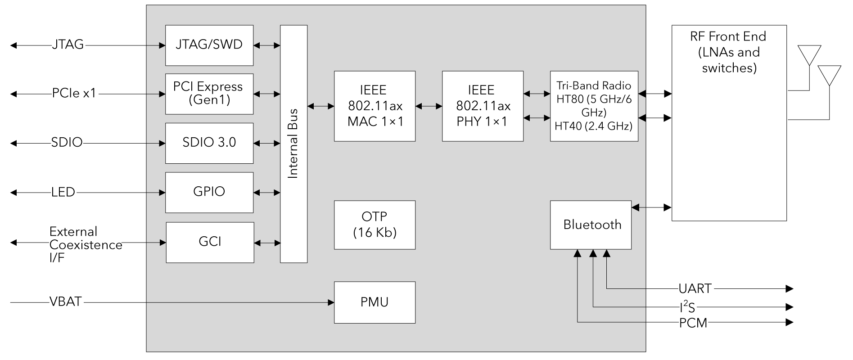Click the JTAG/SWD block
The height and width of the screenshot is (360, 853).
[x=209, y=45]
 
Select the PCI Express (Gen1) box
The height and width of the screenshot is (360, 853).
[x=209, y=94]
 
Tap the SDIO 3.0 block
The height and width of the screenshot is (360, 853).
[x=209, y=143]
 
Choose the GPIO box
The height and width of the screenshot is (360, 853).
[x=209, y=192]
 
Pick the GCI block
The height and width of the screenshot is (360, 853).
[x=210, y=242]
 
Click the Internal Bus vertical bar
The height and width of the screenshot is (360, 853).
[x=293, y=144]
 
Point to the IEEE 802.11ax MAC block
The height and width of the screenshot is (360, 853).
[x=375, y=106]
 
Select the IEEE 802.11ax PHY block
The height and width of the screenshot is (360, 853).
[x=483, y=106]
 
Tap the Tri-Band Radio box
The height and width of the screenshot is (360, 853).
[x=594, y=106]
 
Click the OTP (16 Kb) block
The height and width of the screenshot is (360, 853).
[x=375, y=225]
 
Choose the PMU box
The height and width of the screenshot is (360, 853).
[x=375, y=302]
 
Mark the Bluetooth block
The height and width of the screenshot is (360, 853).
[x=591, y=225]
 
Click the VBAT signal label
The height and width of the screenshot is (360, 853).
[x=66, y=301]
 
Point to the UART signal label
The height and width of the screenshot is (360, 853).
[x=695, y=288]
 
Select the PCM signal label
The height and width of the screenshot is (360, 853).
[x=693, y=323]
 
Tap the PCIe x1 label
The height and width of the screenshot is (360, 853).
[x=74, y=94]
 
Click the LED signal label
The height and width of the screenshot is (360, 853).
[x=63, y=192]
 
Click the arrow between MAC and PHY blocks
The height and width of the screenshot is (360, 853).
[x=429, y=106]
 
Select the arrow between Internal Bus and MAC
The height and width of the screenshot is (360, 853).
[x=320, y=106]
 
